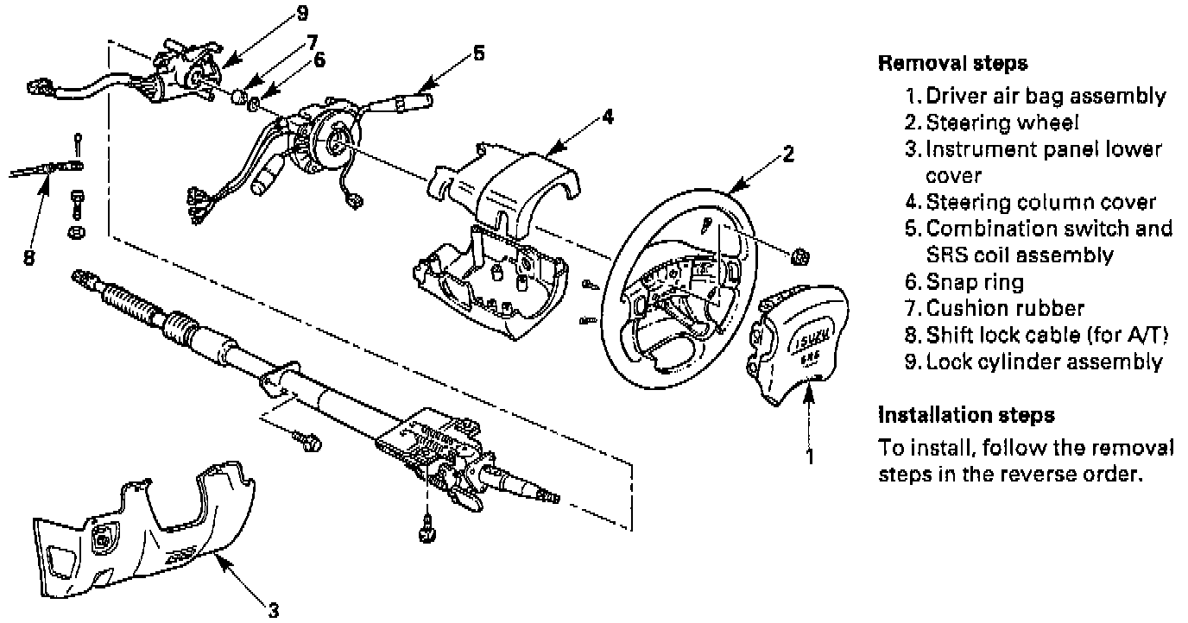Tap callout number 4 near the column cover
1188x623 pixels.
tap(609, 116)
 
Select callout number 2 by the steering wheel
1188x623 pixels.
tap(787, 154)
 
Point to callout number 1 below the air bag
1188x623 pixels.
tap(809, 456)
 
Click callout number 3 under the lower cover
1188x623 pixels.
tap(273, 612)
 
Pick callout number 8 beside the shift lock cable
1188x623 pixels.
tap(28, 257)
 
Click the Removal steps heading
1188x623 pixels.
tap(952, 63)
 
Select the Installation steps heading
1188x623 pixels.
tap(966, 415)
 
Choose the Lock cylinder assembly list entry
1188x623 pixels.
tap(1044, 362)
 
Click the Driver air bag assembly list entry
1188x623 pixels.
tap(1046, 96)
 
